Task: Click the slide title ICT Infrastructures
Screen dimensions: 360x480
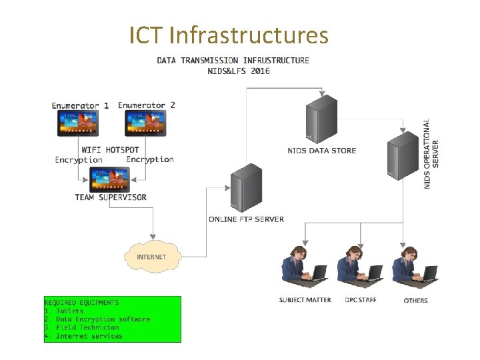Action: coord(229,35)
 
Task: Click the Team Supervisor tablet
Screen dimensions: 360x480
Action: coord(110,179)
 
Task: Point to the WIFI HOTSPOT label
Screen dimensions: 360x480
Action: coord(111,149)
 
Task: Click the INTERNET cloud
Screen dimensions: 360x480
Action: coord(152,257)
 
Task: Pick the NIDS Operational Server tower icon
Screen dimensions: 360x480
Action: coord(403,155)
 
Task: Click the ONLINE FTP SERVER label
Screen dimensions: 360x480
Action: coord(246,219)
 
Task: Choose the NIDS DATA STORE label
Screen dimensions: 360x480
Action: coord(322,151)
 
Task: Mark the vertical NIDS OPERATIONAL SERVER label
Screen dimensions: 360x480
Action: coord(431,154)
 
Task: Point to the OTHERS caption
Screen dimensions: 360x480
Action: coord(415,301)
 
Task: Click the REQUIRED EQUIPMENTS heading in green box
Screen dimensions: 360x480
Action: coord(81,303)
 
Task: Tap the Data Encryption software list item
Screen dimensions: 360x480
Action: coord(97,319)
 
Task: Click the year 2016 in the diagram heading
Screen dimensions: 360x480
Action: coord(260,71)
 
